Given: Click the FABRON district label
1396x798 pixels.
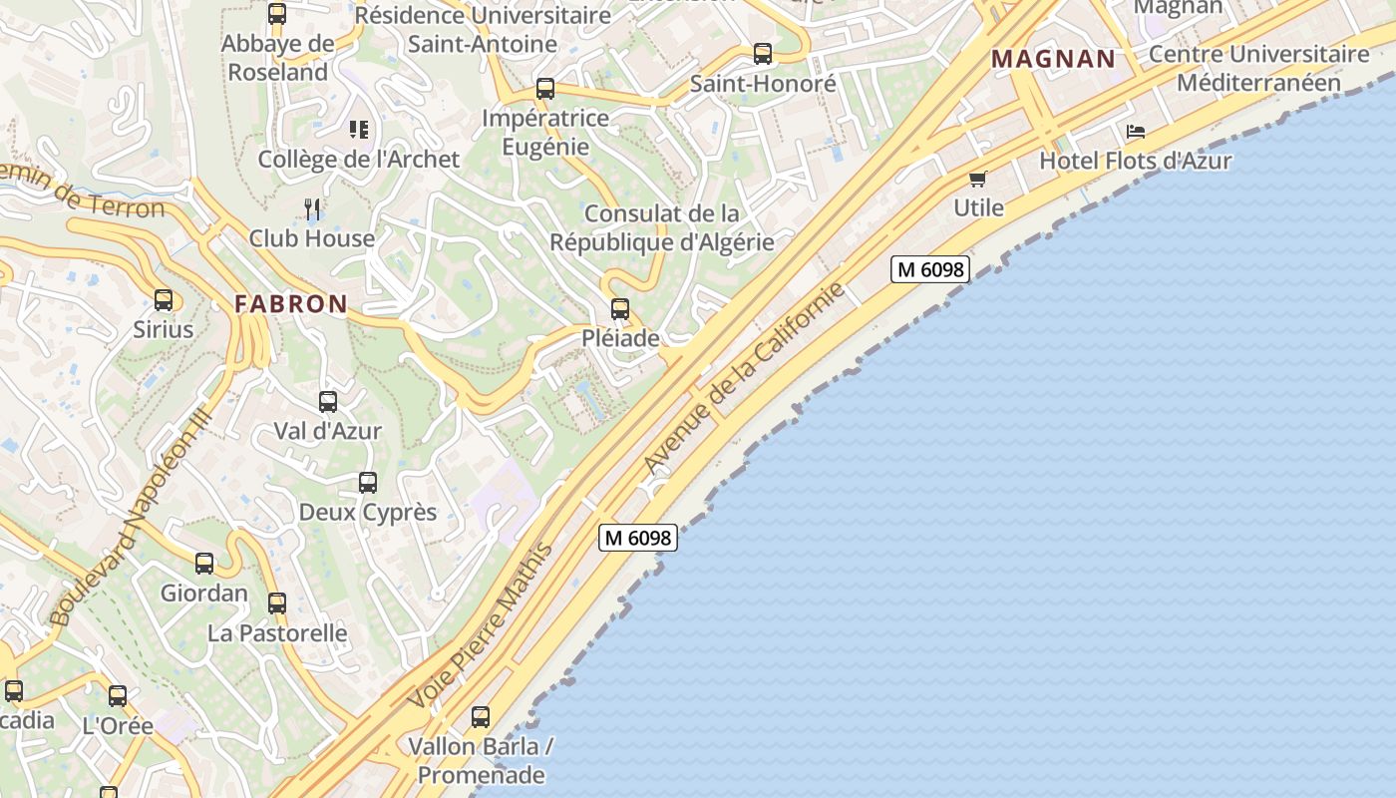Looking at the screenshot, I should [x=291, y=304].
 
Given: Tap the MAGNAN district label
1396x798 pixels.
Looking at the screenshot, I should [x=1054, y=59].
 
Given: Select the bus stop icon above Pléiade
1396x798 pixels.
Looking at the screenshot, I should [x=620, y=309].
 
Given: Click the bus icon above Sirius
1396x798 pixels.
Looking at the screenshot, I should [x=164, y=299].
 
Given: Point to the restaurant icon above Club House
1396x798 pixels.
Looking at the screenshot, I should [x=313, y=208].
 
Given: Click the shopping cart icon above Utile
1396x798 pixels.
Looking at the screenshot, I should [x=977, y=179].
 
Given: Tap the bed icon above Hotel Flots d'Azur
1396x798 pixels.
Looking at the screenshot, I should [x=1135, y=132].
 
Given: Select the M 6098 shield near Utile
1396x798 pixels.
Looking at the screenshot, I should [x=929, y=269].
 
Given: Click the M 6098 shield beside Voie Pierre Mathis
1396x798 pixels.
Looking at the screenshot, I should [x=638, y=538].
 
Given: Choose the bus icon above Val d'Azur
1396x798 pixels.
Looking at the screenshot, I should [x=328, y=402].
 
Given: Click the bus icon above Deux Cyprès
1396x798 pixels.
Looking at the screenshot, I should [x=368, y=483].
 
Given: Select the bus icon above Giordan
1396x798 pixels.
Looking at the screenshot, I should [x=204, y=564].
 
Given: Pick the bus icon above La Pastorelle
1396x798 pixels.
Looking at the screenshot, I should [x=277, y=603].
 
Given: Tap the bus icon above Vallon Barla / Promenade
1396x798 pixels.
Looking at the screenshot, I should [x=481, y=716].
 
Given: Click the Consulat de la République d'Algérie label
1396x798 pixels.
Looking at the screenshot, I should [x=662, y=227].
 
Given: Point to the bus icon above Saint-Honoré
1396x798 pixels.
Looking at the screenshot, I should [x=763, y=54].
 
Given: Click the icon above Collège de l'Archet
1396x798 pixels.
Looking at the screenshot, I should [x=359, y=130].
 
